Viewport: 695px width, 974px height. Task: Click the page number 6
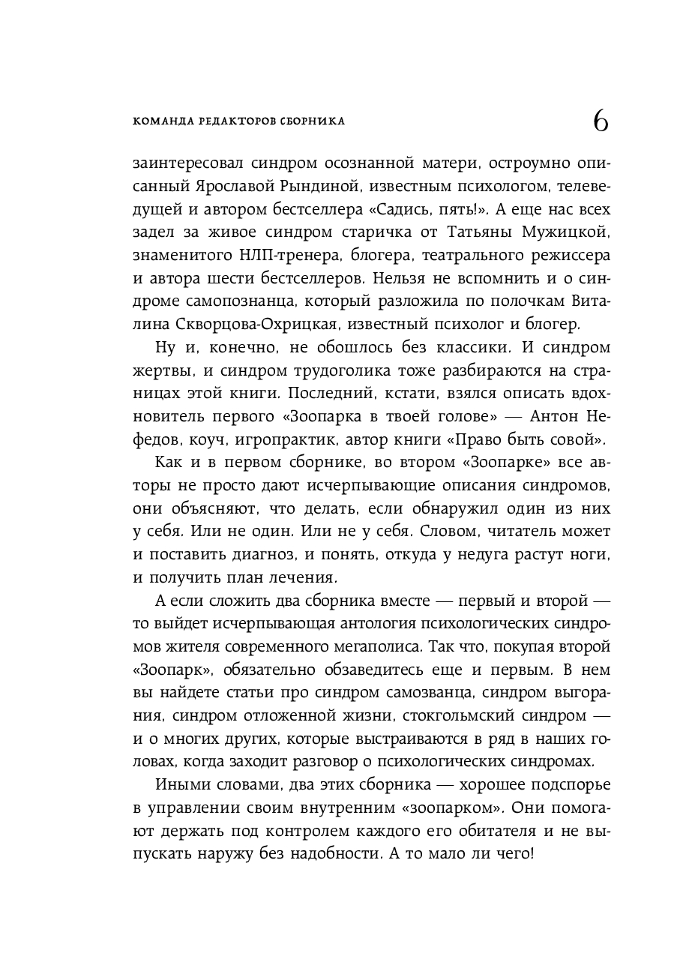(x=601, y=121)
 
